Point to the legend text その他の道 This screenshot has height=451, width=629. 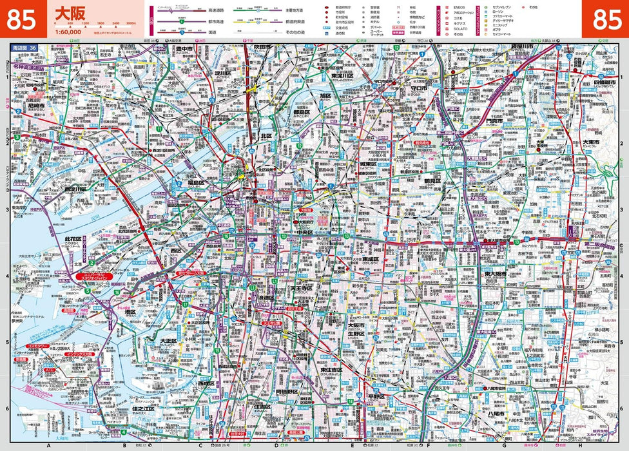point(301,32)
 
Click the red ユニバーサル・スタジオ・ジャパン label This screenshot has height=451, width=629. point(95,277)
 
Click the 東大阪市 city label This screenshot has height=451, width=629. point(496,274)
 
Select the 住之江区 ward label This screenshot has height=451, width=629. point(143,408)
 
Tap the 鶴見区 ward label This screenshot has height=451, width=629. point(431,181)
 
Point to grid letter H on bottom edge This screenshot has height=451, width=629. point(579,445)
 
